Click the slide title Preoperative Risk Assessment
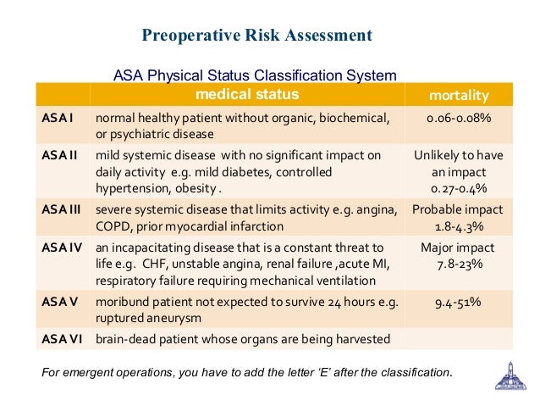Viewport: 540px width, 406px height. (256, 36)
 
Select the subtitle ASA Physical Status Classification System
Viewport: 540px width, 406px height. (255, 75)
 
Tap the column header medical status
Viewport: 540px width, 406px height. (247, 92)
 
